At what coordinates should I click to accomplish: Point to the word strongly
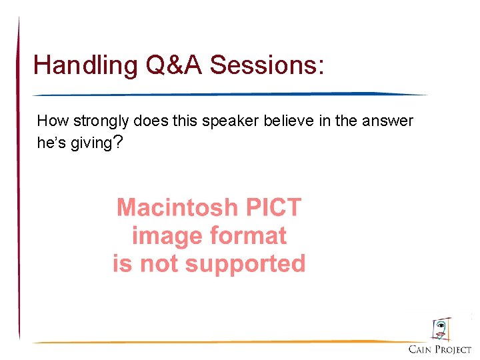(100, 122)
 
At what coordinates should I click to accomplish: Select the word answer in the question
(390, 121)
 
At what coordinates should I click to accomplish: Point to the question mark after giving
(117, 142)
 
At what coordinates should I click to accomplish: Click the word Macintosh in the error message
(177, 208)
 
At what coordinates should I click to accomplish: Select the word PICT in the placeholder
(273, 208)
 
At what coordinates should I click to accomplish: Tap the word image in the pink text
(167, 236)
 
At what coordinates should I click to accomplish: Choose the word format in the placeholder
(247, 236)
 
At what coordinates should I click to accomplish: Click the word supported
(245, 265)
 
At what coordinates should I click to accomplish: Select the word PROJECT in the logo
(453, 349)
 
